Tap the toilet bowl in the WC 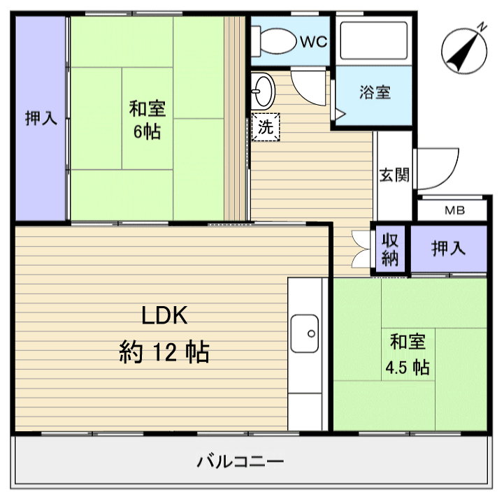[275, 41]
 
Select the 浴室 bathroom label [375, 92]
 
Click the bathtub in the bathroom [372, 41]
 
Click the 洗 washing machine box [265, 127]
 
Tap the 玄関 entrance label [394, 174]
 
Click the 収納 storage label [390, 249]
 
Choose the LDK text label [165, 316]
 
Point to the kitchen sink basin [305, 334]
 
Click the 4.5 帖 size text [408, 367]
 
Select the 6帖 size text [147, 131]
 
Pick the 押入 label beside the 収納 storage [448, 248]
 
